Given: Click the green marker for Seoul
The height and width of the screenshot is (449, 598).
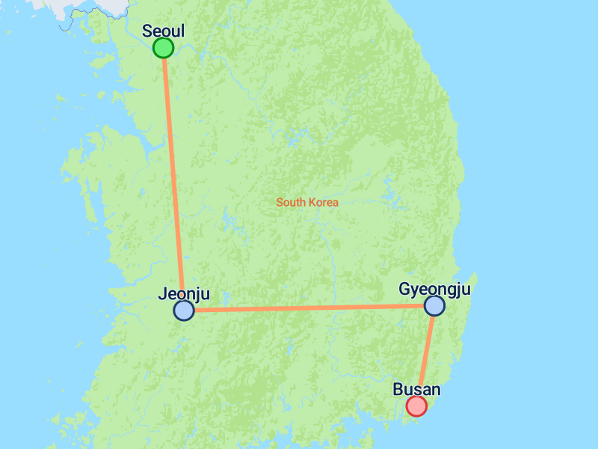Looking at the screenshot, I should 163,48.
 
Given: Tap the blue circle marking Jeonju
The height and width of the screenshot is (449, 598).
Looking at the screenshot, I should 184,311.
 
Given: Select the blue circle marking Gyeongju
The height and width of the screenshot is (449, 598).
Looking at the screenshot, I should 434,305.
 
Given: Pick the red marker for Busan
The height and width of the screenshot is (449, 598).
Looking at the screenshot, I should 416,406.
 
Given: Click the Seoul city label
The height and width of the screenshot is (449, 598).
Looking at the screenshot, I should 163,31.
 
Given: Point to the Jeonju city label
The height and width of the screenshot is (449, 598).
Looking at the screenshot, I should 184,294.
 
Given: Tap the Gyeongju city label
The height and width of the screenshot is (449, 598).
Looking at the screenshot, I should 434,289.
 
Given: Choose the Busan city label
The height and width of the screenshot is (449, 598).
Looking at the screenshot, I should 416,389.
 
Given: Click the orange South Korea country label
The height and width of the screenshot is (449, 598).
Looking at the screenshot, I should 307,202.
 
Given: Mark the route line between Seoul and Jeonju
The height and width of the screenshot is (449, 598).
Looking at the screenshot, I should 173,180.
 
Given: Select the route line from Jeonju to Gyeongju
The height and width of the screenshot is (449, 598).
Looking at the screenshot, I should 309,308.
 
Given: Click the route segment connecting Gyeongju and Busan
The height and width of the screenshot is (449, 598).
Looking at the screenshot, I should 425,355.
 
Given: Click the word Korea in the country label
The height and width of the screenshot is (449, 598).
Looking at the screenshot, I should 324,202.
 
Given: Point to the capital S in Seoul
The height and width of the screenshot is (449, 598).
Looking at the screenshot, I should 147,31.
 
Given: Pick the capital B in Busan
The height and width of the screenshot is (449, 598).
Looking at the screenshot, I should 398,389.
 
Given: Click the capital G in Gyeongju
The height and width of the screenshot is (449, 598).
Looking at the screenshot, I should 404,289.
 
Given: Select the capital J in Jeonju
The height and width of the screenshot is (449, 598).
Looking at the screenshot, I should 162,294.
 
